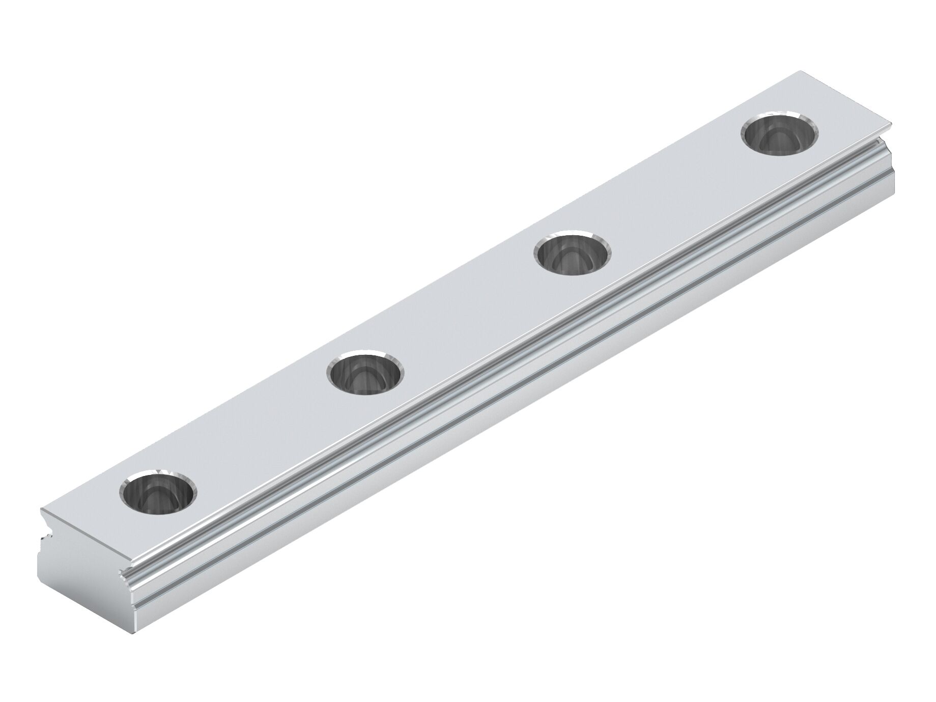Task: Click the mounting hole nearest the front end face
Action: coord(158,492)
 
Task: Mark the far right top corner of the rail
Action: coord(893,122)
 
